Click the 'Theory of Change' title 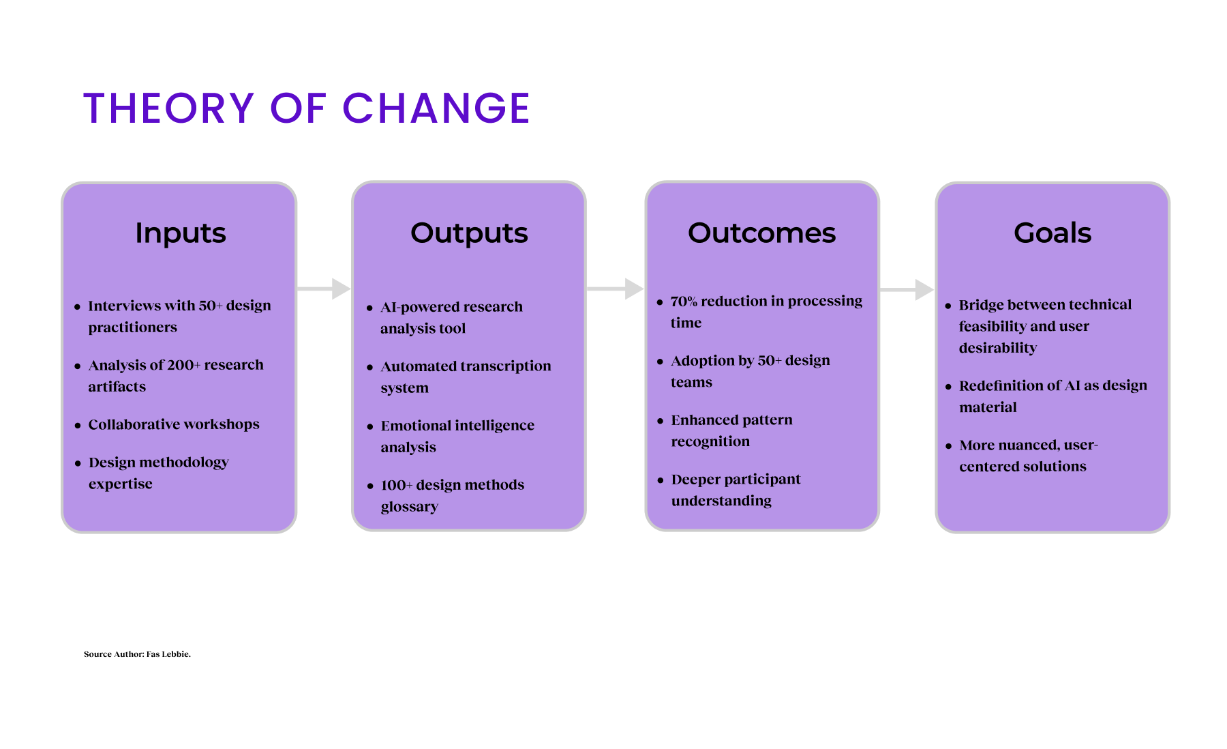pos(307,108)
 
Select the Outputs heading pos(469,233)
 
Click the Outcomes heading pos(761,233)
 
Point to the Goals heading pos(1052,233)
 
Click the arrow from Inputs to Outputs pos(324,289)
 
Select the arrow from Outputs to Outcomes pos(616,289)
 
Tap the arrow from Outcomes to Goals pos(907,289)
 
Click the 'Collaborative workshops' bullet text pos(174,424)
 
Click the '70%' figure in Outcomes pos(684,302)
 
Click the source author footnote pos(137,654)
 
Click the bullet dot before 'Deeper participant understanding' pos(660,480)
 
